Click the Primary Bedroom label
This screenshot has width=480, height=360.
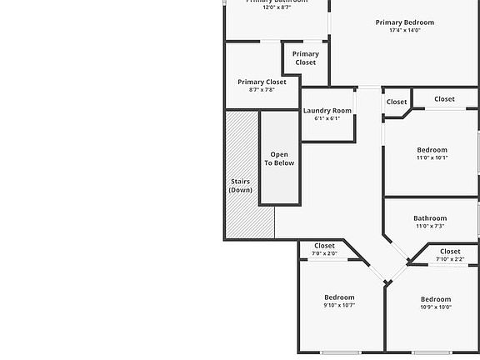404,22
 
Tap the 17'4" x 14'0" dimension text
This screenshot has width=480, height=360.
404,31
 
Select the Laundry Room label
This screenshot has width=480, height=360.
327,111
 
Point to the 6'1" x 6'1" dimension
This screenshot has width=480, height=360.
327,118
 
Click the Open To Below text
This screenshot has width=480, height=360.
279,158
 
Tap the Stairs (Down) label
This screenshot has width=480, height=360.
240,186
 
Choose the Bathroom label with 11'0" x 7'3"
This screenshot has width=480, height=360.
430,218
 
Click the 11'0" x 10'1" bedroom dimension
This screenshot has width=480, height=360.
432,157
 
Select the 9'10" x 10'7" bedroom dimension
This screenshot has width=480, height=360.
339,305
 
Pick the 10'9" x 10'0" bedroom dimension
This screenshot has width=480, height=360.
435,307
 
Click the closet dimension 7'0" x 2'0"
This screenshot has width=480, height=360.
324,253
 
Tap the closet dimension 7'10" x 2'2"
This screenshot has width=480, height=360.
450,258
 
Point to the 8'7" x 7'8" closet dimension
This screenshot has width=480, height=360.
262,90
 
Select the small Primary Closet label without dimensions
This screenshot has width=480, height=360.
305,58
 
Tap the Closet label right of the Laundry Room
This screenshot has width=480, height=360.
396,102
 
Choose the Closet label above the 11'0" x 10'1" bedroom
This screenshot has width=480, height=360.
444,99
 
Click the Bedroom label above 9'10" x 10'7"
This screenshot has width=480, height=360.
339,297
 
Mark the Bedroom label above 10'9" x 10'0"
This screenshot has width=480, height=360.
435,299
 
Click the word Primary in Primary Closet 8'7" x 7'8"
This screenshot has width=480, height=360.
251,82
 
